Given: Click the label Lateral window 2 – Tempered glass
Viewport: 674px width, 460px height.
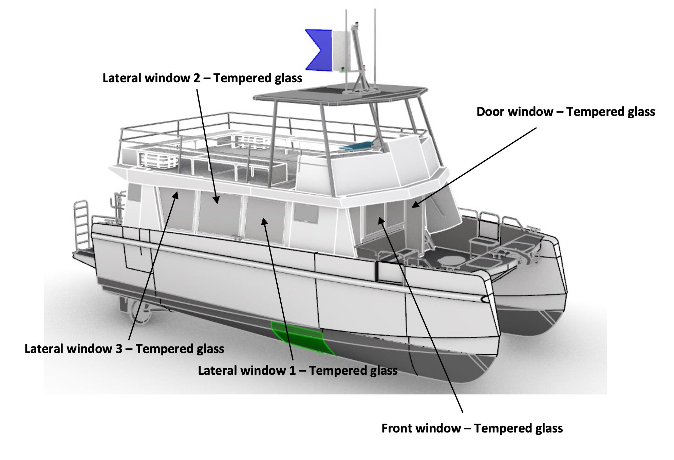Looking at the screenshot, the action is pyautogui.click(x=202, y=78).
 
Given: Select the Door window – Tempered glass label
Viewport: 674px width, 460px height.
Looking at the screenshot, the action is pyautogui.click(x=566, y=112).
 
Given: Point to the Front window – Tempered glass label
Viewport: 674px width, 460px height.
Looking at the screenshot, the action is pyautogui.click(x=472, y=428).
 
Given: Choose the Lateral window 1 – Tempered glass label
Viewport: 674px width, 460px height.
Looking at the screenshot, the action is pyautogui.click(x=298, y=370).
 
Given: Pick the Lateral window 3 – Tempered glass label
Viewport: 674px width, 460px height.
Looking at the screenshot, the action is pyautogui.click(x=124, y=349).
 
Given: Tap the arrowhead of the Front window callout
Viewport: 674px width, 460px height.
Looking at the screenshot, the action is pyautogui.click(x=381, y=220).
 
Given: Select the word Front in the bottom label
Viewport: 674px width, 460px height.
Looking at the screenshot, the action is pyautogui.click(x=397, y=428).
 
